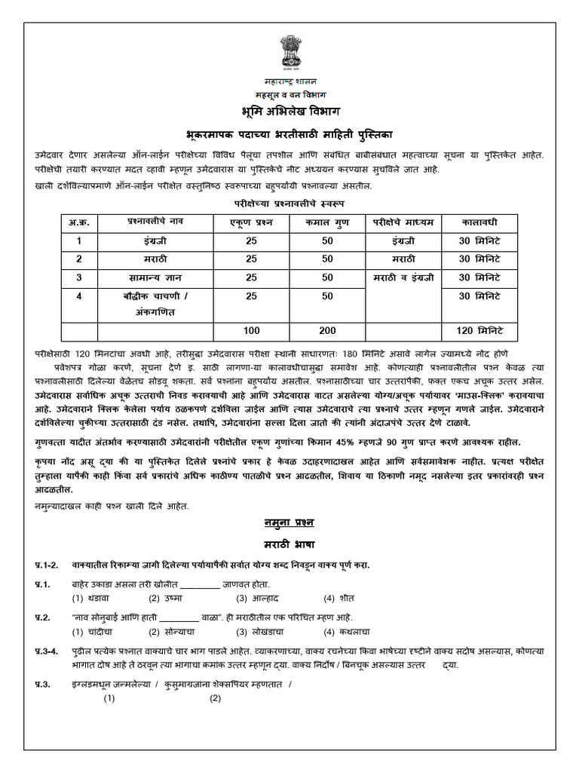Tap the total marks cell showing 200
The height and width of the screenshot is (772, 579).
pos(327,330)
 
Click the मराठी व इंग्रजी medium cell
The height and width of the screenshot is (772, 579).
pos(403,277)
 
